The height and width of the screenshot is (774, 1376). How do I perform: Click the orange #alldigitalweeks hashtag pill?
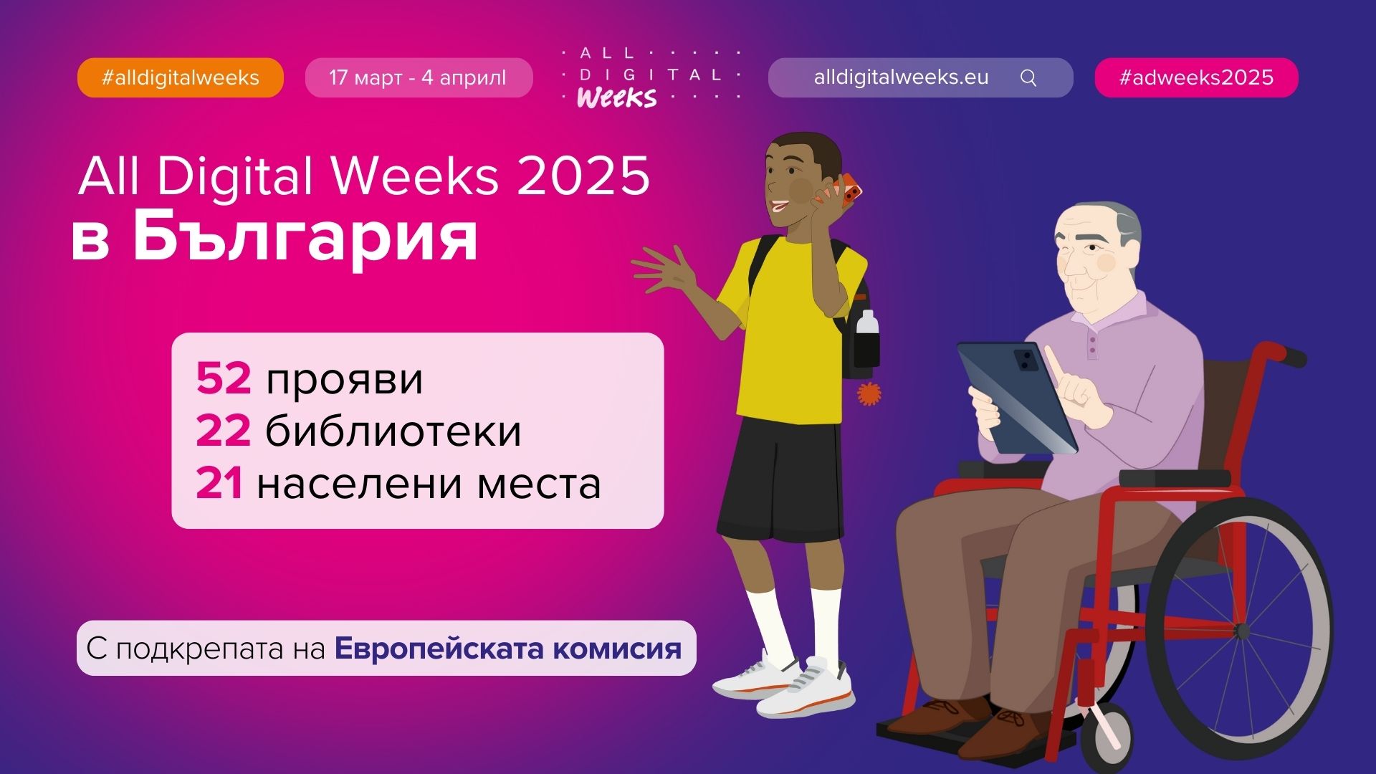(x=181, y=77)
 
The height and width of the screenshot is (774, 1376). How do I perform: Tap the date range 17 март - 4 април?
(x=418, y=77)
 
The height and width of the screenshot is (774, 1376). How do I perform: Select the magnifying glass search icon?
(x=1028, y=77)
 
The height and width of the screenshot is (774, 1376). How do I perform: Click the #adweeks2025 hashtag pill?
(x=1196, y=77)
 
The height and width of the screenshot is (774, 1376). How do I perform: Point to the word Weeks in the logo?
(x=616, y=97)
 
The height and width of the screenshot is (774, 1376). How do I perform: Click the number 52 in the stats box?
(x=223, y=378)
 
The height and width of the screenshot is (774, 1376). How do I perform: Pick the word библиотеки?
(x=393, y=431)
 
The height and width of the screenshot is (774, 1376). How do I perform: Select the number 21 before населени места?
(x=219, y=483)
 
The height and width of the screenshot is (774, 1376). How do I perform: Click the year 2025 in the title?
(x=583, y=176)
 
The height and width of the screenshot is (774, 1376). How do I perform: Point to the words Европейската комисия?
(x=508, y=648)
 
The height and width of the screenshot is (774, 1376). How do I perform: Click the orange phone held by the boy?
(x=846, y=190)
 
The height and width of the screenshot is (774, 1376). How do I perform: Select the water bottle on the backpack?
(x=867, y=341)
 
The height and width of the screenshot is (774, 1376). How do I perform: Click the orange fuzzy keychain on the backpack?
(x=869, y=393)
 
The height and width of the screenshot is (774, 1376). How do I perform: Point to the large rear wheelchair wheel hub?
(x=1241, y=631)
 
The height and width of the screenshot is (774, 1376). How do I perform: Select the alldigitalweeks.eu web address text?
(x=901, y=77)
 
